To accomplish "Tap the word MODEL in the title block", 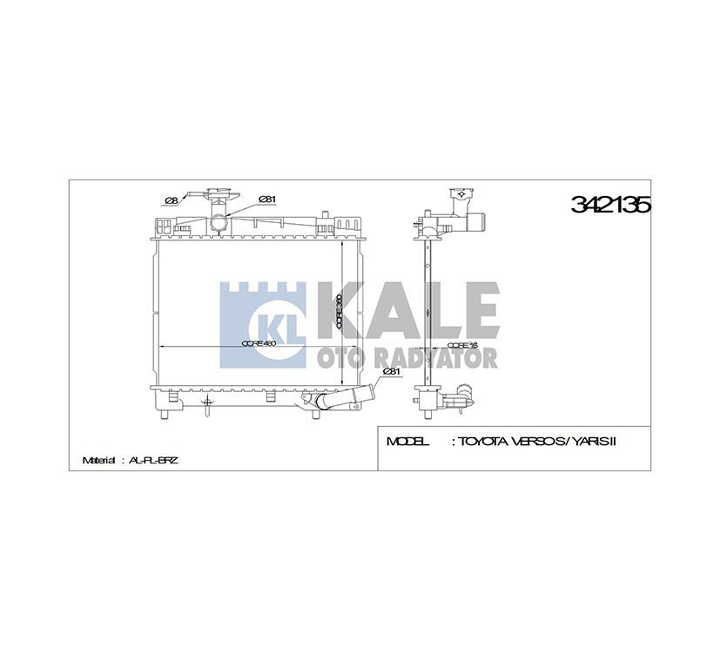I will coord(407,442).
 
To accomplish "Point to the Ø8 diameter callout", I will coord(172,200).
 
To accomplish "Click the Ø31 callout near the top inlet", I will coord(267,199).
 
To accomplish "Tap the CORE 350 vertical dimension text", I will coord(339,312).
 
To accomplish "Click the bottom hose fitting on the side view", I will coord(458,402).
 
